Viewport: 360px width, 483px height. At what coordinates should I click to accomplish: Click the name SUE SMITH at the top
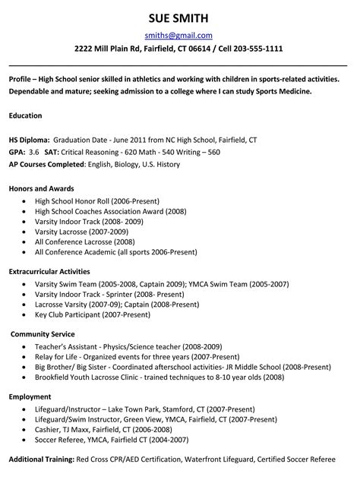178,17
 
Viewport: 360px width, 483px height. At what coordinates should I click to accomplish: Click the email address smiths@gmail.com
178,35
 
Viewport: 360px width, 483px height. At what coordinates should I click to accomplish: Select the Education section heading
25,115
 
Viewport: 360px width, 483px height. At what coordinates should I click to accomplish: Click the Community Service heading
43,333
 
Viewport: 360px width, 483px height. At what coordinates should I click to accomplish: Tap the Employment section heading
30,396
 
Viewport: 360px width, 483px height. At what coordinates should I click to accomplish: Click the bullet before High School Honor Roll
27,201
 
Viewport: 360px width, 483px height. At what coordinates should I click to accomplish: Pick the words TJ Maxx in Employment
77,428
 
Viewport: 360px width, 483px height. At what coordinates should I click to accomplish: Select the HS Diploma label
29,140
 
